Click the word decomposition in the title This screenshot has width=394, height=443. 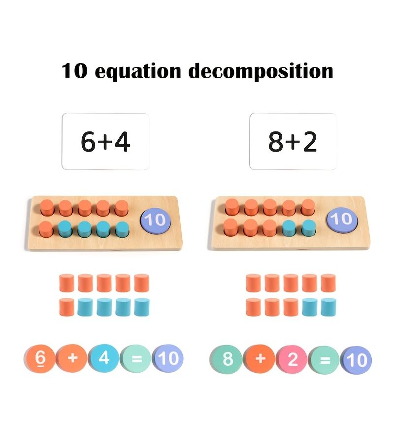click(x=261, y=71)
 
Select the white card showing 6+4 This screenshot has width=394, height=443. click(x=105, y=141)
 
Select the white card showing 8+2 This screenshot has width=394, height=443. click(x=293, y=141)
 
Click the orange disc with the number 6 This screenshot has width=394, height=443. click(x=40, y=358)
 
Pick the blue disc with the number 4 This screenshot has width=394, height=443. click(x=104, y=358)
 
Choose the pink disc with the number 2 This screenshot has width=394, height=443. click(x=292, y=360)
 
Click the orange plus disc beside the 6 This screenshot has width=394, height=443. click(x=72, y=358)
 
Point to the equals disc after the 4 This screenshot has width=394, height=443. click(x=136, y=358)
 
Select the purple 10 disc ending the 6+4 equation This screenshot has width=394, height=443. click(x=168, y=358)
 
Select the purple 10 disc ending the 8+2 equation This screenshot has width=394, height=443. click(x=356, y=360)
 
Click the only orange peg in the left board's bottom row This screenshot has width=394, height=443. click(x=46, y=229)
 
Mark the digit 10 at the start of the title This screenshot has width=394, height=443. click(x=74, y=70)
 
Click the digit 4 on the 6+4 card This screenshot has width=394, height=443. click(x=122, y=142)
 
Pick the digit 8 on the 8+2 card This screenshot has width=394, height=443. click(x=276, y=141)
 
